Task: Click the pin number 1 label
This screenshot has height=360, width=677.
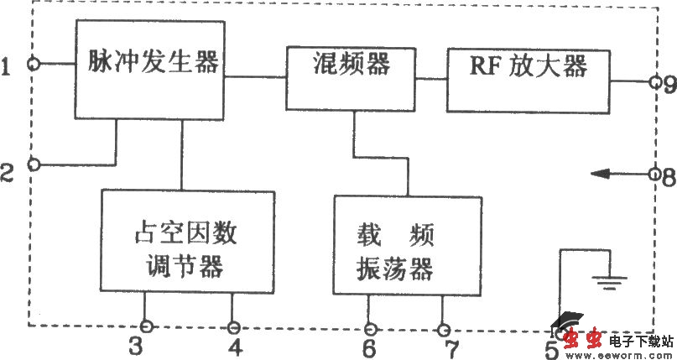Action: tap(8, 65)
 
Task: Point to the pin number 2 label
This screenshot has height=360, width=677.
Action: tap(8, 173)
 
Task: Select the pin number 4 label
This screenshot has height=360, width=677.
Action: tap(236, 346)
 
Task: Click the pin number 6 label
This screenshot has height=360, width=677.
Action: tap(369, 346)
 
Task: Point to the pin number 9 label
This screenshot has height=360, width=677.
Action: tap(668, 84)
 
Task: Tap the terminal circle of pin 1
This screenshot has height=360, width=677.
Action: tap(34, 63)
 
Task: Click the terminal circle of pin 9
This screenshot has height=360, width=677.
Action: tap(654, 82)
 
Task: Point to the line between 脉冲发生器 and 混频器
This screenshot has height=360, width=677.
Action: tap(255, 77)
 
